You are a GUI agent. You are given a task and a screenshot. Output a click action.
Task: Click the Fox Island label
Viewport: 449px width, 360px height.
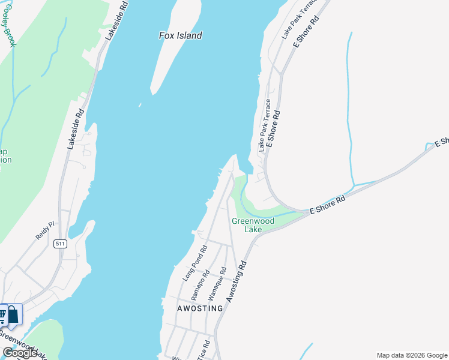(x=180, y=35)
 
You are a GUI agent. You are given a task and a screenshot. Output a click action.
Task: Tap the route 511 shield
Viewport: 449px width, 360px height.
(x=59, y=244)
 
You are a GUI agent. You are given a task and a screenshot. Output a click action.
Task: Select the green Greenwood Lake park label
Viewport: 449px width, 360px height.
(x=253, y=225)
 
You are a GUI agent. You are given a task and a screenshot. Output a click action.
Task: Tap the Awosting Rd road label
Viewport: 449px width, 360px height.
(x=236, y=281)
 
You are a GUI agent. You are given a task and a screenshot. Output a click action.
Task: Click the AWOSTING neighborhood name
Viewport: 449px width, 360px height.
(x=200, y=308)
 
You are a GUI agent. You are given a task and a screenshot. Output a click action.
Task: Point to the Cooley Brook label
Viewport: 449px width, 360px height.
(x=10, y=24)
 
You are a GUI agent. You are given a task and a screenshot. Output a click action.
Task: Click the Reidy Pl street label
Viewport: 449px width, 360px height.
(x=45, y=230)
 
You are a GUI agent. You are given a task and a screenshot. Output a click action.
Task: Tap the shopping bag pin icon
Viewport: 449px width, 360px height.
(x=13, y=314)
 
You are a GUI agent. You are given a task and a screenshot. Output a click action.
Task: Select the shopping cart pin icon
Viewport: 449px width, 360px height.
(x=2, y=314)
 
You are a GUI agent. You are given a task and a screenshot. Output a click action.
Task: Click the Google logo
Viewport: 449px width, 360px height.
(x=20, y=353)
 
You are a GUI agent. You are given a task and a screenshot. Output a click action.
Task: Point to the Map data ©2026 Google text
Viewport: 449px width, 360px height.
(x=412, y=355)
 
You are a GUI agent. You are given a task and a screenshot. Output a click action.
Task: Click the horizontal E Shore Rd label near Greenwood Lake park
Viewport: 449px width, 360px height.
(x=328, y=204)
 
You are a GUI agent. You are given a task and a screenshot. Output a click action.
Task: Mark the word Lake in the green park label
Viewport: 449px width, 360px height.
(x=253, y=229)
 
